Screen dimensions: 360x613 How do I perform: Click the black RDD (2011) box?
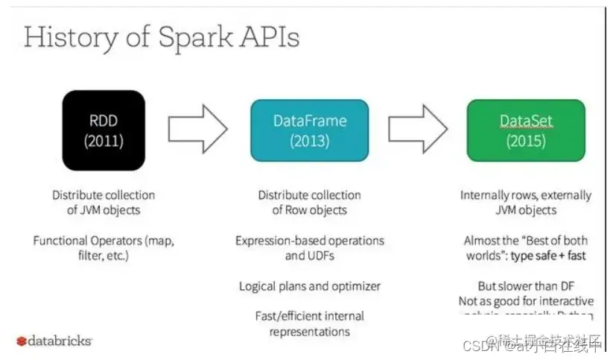point(103,130)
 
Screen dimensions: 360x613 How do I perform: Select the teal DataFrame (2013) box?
point(310,130)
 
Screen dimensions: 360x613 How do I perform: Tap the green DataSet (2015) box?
point(520,130)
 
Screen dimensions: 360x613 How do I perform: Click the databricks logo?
point(54,341)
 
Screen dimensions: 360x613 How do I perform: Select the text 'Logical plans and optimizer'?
point(310,286)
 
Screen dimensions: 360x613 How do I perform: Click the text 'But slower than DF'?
point(526,286)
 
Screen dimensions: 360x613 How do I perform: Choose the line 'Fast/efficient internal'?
point(310,316)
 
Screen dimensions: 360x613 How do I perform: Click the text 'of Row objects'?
point(310,210)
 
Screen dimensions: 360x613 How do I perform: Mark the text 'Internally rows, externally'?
point(526,195)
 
